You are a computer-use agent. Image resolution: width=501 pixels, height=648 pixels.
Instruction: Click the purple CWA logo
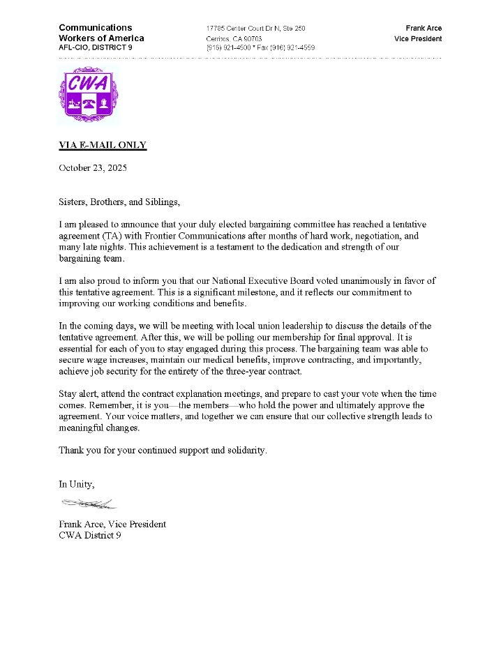click(x=88, y=96)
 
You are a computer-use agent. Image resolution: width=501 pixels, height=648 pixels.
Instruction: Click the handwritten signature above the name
click(x=89, y=503)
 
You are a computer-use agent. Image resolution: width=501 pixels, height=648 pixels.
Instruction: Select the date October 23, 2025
click(x=93, y=168)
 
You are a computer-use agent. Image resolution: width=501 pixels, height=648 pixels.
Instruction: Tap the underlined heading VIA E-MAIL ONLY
click(x=103, y=145)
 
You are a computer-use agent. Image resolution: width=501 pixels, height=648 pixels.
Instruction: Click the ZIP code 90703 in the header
click(x=253, y=38)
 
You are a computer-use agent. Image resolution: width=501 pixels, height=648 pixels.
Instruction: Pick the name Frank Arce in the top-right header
click(x=424, y=29)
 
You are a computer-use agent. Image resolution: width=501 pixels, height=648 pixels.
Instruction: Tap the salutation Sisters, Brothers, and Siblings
click(x=119, y=202)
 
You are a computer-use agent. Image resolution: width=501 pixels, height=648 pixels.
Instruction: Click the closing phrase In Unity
click(x=76, y=484)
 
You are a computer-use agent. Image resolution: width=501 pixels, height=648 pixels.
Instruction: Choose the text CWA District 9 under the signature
click(x=90, y=536)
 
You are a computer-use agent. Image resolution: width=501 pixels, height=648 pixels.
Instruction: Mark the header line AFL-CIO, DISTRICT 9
click(x=96, y=48)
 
